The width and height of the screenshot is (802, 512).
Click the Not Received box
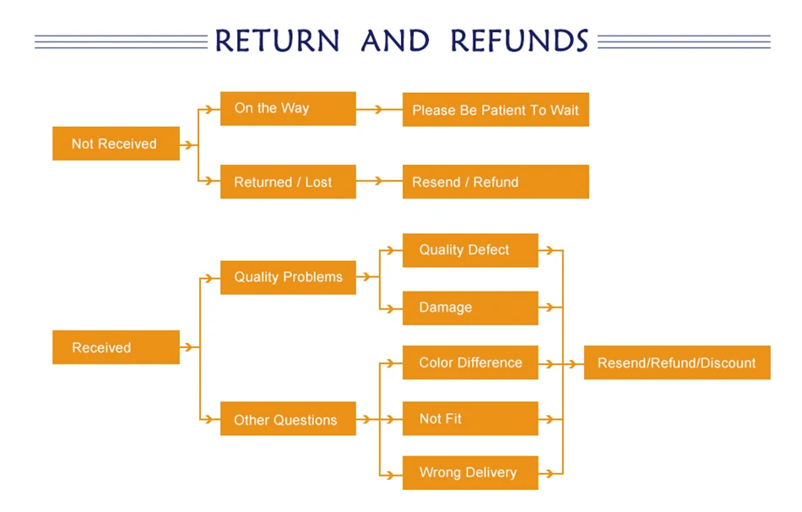click(116, 144)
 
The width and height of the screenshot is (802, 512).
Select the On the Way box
click(288, 108)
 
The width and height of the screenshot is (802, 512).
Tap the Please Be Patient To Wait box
click(496, 110)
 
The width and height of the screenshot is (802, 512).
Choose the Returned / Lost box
click(288, 182)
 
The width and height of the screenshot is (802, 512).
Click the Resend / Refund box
click(496, 182)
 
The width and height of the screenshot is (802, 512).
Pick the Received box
click(116, 347)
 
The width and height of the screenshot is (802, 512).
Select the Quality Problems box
click(288, 277)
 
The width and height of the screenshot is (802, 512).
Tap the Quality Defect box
click(470, 250)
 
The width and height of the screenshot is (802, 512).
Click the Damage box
click(470, 308)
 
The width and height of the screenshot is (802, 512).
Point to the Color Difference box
click(470, 362)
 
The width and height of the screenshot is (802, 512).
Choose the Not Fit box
click(470, 418)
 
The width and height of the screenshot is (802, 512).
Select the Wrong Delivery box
click(470, 472)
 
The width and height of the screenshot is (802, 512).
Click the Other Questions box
click(288, 419)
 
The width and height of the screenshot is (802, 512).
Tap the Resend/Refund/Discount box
click(677, 362)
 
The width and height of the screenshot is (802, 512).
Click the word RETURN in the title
click(278, 41)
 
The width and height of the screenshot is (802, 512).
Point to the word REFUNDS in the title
click(519, 41)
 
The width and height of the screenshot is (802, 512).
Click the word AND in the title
click(395, 41)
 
